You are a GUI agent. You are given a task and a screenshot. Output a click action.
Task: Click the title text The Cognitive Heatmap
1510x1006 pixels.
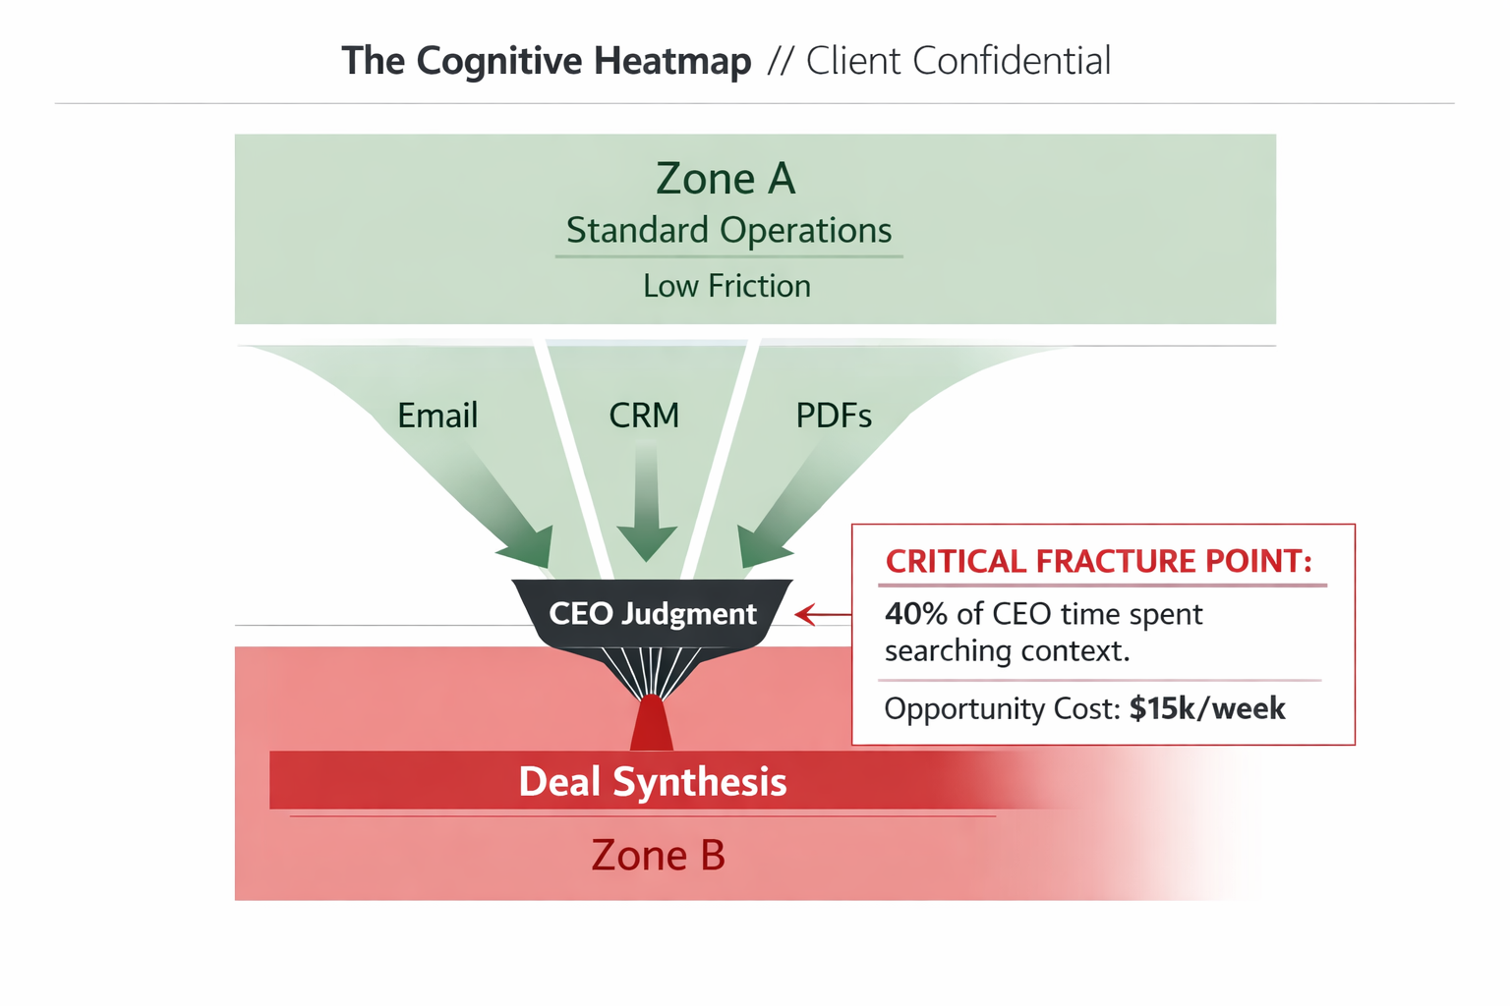[x=546, y=61]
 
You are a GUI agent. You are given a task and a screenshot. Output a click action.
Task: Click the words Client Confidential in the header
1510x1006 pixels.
[x=958, y=61]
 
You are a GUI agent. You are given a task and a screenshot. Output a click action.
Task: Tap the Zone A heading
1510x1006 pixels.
[x=726, y=179]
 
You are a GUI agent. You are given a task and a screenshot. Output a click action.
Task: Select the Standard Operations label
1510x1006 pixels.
[x=728, y=230]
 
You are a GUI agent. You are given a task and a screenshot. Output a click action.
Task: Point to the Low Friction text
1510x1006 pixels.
[x=726, y=286]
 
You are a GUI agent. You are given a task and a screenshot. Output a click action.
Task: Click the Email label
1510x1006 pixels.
[x=437, y=416]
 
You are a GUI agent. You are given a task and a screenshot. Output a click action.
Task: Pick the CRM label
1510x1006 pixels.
[x=644, y=416]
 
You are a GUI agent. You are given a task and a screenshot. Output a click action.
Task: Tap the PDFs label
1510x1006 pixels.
[x=834, y=416]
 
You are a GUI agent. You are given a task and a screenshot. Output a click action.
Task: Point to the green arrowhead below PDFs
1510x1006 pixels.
[x=761, y=545]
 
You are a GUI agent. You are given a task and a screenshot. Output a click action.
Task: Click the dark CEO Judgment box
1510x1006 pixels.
[x=652, y=614]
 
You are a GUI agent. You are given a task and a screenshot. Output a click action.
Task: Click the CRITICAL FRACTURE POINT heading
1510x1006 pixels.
[x=1098, y=561]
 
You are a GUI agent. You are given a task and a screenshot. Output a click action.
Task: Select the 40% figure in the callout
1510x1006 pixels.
[x=915, y=614]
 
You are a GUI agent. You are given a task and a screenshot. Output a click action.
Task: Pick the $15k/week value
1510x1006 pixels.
[x=1207, y=708]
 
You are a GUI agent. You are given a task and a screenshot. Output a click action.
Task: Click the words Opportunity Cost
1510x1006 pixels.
[x=1001, y=708]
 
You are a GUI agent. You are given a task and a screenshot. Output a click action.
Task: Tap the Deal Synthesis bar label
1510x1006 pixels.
[x=652, y=782]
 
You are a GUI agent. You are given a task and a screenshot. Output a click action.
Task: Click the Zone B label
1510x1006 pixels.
[x=658, y=856]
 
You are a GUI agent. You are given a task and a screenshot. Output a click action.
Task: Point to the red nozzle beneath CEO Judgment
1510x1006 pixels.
[x=651, y=724]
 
